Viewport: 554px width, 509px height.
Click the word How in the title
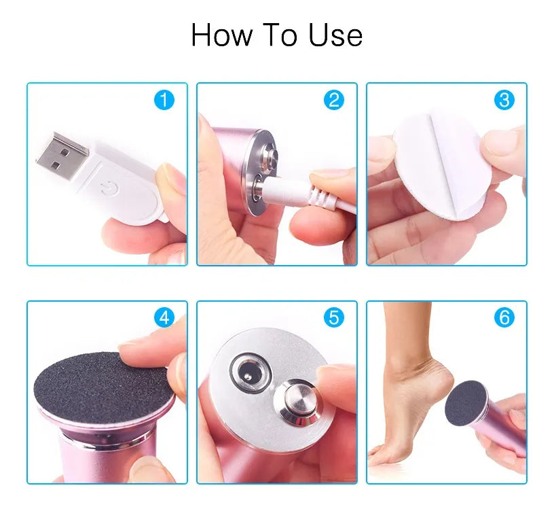click(x=222, y=35)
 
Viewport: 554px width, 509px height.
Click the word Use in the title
click(x=335, y=35)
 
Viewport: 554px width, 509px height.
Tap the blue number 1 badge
click(x=164, y=100)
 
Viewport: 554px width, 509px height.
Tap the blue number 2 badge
click(x=334, y=100)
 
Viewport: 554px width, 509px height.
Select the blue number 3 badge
click(x=504, y=100)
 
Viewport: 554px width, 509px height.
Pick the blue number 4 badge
click(x=164, y=317)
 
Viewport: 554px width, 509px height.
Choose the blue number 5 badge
click(x=334, y=317)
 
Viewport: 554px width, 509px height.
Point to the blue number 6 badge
click(x=504, y=317)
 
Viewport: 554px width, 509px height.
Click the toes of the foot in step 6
click(x=382, y=454)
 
